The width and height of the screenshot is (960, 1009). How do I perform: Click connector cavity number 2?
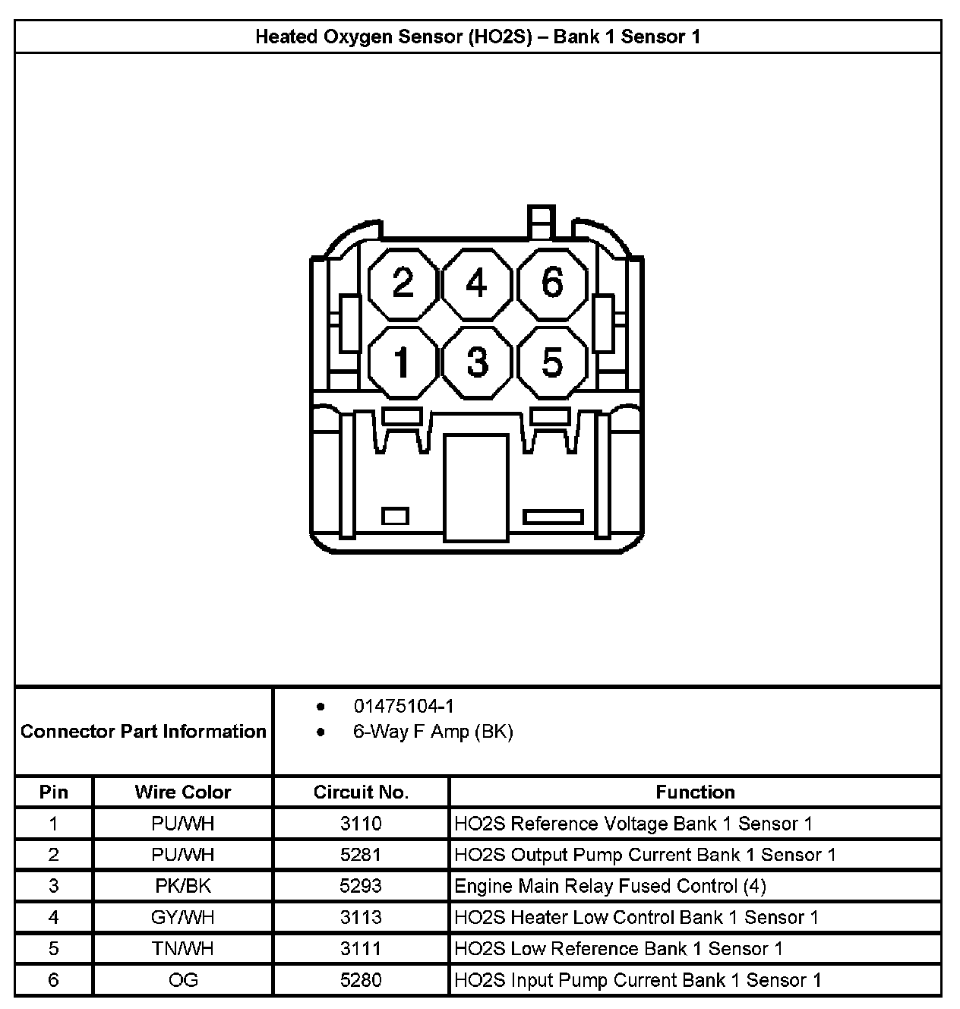pyautogui.click(x=403, y=284)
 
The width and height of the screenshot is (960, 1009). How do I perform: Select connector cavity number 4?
pyautogui.click(x=476, y=284)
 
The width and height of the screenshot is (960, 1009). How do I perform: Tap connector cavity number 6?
pyautogui.click(x=552, y=284)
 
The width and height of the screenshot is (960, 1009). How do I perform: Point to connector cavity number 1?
pyautogui.click(x=403, y=362)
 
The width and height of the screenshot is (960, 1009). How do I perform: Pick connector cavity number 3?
pyautogui.click(x=476, y=362)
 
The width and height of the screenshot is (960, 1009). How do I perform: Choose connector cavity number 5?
pyautogui.click(x=552, y=362)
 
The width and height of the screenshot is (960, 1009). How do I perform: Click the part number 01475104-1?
pyautogui.click(x=403, y=707)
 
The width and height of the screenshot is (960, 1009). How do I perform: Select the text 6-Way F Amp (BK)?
pyautogui.click(x=433, y=732)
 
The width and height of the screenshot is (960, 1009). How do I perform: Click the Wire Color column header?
pyautogui.click(x=182, y=792)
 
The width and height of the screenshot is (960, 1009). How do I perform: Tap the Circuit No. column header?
pyautogui.click(x=361, y=792)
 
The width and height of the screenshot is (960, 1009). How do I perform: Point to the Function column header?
pyautogui.click(x=695, y=792)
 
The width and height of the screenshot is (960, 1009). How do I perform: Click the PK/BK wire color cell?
pyautogui.click(x=182, y=886)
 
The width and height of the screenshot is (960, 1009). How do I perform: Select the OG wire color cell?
pyautogui.click(x=182, y=980)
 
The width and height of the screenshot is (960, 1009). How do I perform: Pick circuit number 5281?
pyautogui.click(x=361, y=855)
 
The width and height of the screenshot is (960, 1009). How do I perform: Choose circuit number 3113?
pyautogui.click(x=361, y=917)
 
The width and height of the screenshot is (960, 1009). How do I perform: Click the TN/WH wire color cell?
pyautogui.click(x=182, y=949)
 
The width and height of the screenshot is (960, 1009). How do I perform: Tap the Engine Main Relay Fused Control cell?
pyautogui.click(x=610, y=886)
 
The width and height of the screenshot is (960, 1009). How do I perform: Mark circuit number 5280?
pyautogui.click(x=361, y=980)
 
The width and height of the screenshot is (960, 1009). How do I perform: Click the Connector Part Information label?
pyautogui.click(x=144, y=732)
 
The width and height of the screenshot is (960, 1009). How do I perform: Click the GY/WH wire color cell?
pyautogui.click(x=182, y=917)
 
